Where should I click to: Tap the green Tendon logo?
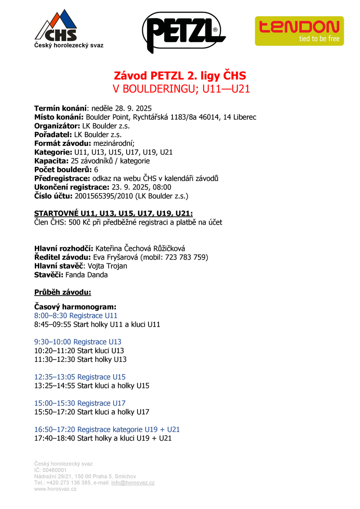[299, 30]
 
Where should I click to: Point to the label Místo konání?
[59, 117]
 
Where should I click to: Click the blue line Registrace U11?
[76, 316]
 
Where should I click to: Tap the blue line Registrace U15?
[80, 377]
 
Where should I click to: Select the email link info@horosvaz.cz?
[133, 482]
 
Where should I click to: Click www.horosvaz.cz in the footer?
[55, 489]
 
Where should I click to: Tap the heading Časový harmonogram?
[75, 307]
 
